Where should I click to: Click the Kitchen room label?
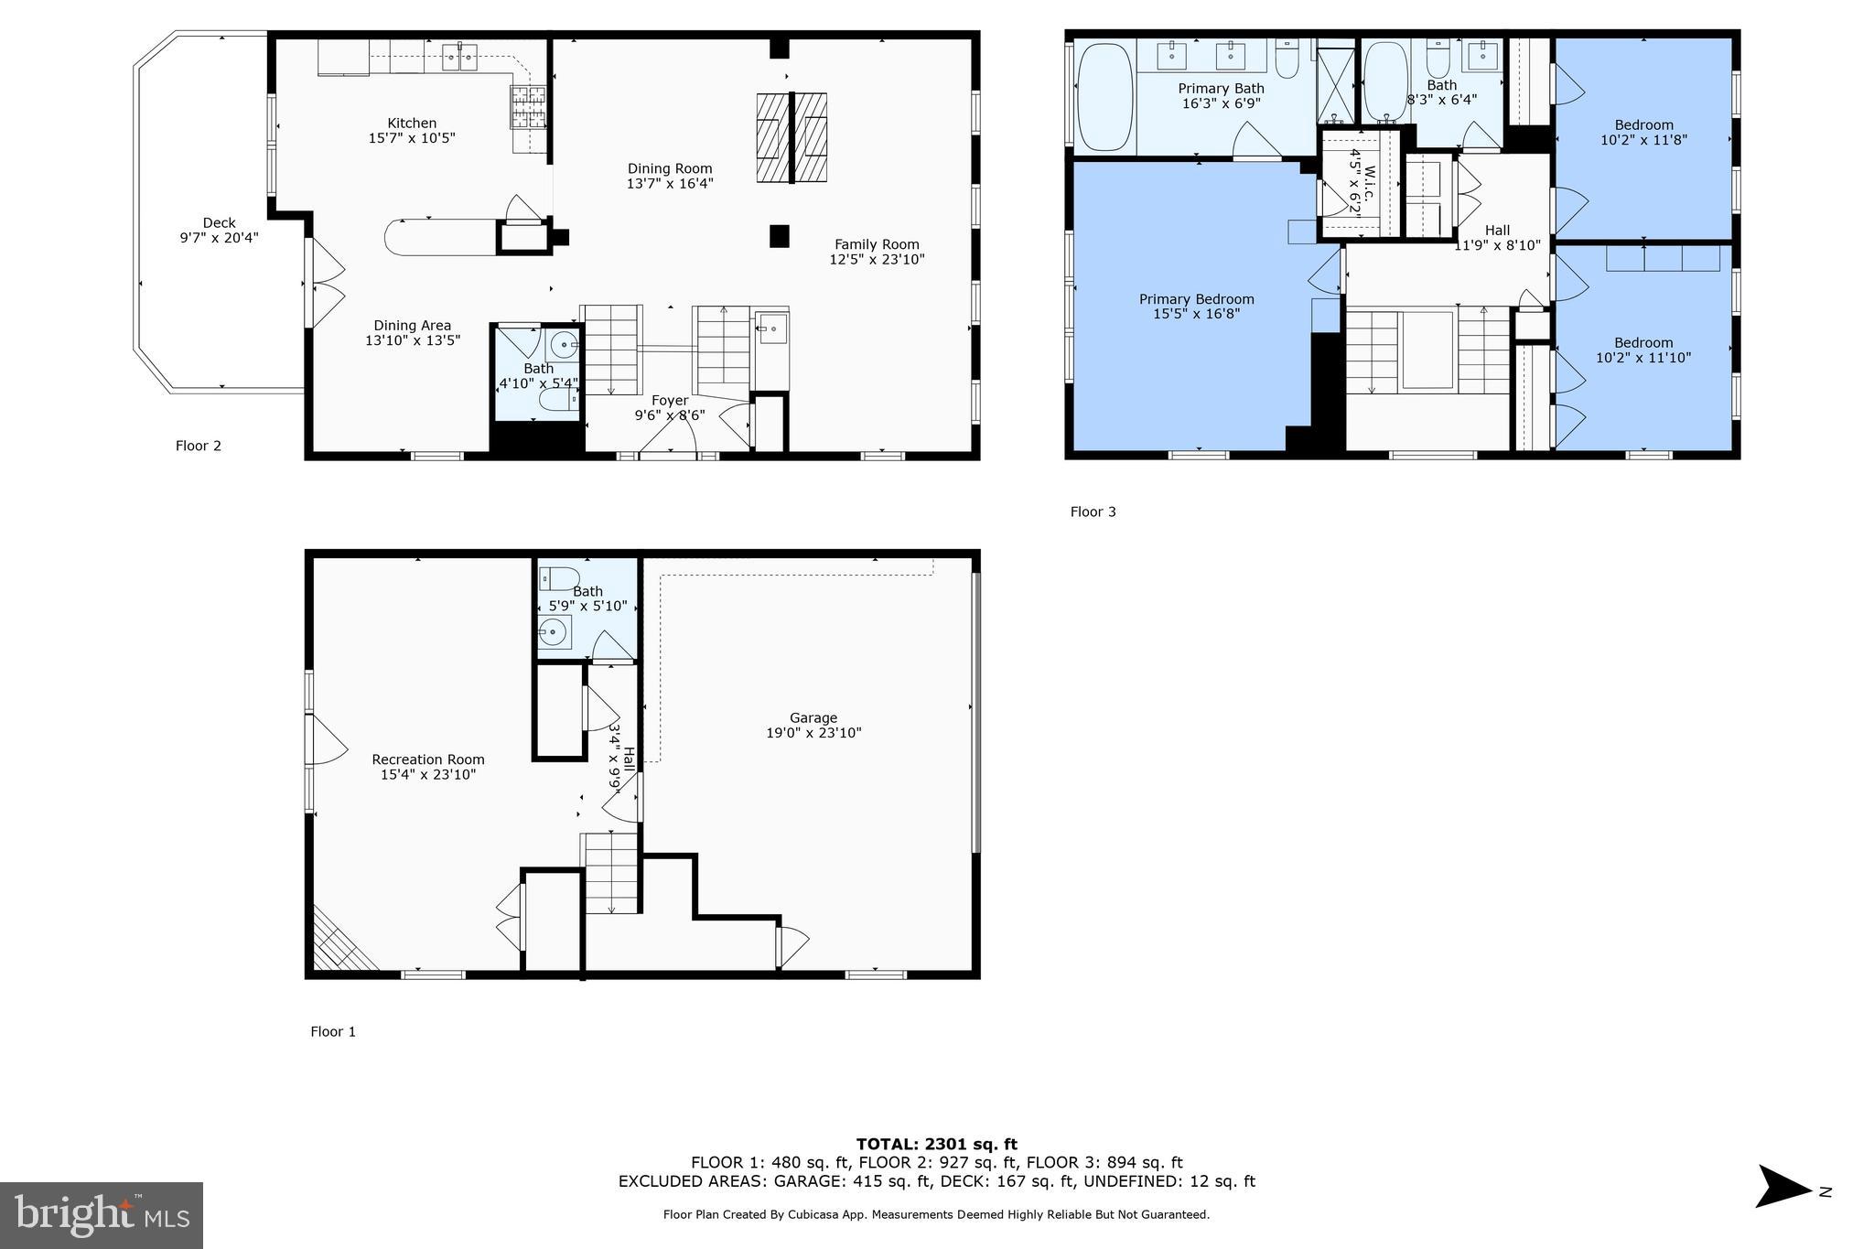pos(412,123)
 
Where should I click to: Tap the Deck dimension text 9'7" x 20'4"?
pos(219,238)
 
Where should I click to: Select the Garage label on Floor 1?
pos(813,717)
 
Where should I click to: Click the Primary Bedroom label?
pos(1196,299)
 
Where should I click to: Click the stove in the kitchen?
pos(528,106)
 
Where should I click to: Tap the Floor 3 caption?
pos(1093,511)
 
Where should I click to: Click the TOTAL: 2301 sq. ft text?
pos(936,1144)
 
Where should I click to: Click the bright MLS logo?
pos(102,1215)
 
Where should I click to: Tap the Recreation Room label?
pos(428,759)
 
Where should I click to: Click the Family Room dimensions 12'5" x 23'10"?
pos(877,259)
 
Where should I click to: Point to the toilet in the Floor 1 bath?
pos(559,578)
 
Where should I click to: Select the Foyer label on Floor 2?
pos(670,401)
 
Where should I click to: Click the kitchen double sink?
pos(458,58)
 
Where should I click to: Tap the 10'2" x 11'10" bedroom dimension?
pos(1643,358)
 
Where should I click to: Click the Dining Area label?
pos(412,325)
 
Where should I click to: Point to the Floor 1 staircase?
pos(611,873)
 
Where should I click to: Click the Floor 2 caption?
pos(199,446)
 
